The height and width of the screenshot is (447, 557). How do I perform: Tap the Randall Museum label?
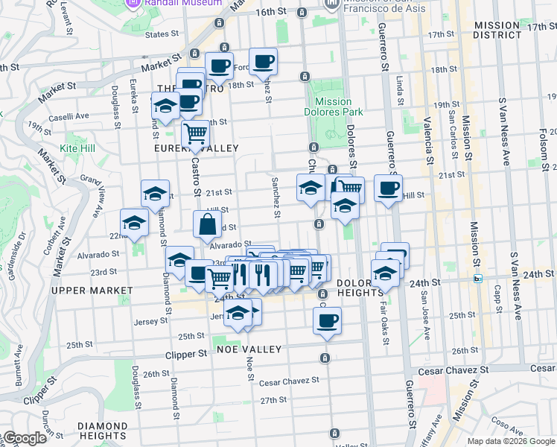pos(183,3)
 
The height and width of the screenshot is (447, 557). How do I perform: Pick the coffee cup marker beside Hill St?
pos(388,188)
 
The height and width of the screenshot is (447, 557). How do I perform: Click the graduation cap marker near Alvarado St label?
pos(179,259)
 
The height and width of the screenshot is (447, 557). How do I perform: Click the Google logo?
pos(24,439)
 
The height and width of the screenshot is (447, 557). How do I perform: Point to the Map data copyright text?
pos(511,441)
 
